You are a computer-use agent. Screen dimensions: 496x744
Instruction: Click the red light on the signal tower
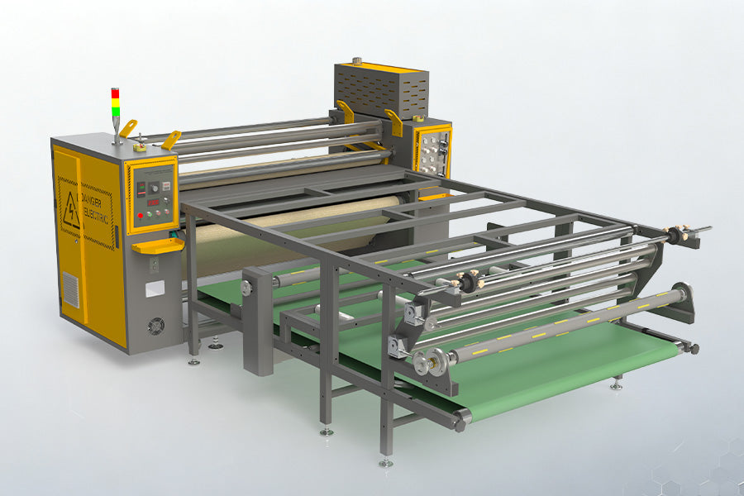[x=116, y=93]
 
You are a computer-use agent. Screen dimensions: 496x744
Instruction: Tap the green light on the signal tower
[x=116, y=111]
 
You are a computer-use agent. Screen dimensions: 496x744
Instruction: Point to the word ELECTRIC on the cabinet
[x=97, y=207]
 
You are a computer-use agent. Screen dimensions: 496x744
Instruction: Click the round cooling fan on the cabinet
[x=155, y=327]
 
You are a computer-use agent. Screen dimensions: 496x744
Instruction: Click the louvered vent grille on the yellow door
[x=72, y=290]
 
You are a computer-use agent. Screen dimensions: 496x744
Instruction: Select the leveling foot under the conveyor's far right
[x=616, y=384]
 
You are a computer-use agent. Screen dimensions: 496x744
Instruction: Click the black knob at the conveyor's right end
[x=693, y=350]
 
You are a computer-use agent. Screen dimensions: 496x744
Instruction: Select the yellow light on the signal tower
[x=116, y=102]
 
